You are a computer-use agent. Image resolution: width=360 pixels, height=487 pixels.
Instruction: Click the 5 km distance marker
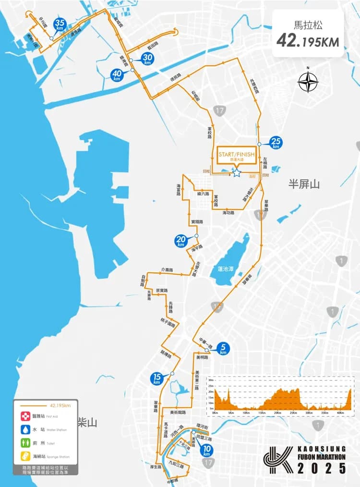pos(223,348)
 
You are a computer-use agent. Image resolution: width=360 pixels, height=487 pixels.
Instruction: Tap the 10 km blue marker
pos(207,450)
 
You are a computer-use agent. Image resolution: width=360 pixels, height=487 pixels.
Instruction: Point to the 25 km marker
pos(276,142)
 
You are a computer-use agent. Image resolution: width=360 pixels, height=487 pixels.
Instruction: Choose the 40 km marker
pos(117,75)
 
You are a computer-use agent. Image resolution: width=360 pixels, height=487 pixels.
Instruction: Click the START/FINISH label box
pos(236,156)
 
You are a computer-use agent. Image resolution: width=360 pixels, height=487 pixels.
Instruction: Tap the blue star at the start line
pos(236,173)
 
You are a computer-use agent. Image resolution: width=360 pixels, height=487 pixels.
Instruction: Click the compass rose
pos(308,82)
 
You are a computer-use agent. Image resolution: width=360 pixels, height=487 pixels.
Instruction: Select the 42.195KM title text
pos(308,41)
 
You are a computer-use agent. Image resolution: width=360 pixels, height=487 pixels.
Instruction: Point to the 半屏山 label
pos(303,184)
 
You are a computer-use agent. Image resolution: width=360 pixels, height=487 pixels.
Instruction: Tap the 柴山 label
pos(87,423)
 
